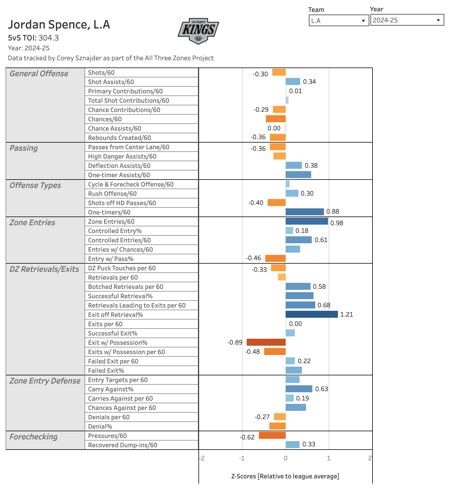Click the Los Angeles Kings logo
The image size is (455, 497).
pyautogui.click(x=198, y=31)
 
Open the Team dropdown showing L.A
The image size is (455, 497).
pyautogui.click(x=338, y=21)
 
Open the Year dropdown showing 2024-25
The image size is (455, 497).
pyautogui.click(x=407, y=20)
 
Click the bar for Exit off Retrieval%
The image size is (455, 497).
pyautogui.click(x=311, y=314)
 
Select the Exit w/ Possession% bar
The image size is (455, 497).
pyautogui.click(x=266, y=342)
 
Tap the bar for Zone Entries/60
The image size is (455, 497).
pyautogui.click(x=307, y=221)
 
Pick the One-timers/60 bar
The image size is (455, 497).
pyautogui.click(x=304, y=212)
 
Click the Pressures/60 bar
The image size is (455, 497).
pyautogui.click(x=272, y=435)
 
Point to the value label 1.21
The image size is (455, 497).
pyautogui.click(x=347, y=315)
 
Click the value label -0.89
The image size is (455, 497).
pyautogui.click(x=235, y=342)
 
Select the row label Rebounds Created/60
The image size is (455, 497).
pyautogui.click(x=119, y=138)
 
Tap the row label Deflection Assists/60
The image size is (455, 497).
pyautogui.click(x=119, y=166)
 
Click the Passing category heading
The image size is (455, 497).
pyautogui.click(x=24, y=148)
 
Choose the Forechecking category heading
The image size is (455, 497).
pyautogui.click(x=33, y=437)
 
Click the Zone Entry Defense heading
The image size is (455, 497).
pyautogui.click(x=45, y=381)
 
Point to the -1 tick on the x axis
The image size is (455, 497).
pyautogui.click(x=242, y=458)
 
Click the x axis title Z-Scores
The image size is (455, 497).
pyautogui.click(x=285, y=476)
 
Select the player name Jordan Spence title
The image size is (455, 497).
pyautogui.click(x=59, y=25)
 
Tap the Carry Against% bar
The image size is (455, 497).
pyautogui.click(x=299, y=389)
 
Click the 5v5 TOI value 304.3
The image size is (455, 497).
pyautogui.click(x=49, y=38)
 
